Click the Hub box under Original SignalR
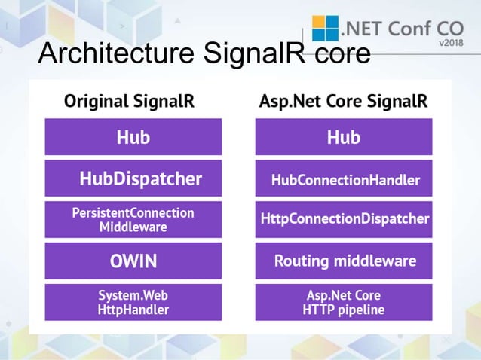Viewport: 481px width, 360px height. coord(133,137)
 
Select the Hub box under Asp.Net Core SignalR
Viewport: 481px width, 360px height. coord(344,137)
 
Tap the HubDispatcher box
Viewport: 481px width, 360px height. coord(133,178)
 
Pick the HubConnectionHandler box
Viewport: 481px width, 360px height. coord(344,179)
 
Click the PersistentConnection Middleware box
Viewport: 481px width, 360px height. coord(133,219)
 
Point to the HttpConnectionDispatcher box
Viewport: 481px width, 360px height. coord(344,219)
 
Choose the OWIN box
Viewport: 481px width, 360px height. coord(133,261)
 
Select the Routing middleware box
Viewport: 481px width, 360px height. coord(344,261)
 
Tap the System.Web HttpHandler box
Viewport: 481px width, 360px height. coord(133,302)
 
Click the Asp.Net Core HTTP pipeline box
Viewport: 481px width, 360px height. coord(344,302)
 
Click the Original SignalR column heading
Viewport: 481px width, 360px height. coord(129,101)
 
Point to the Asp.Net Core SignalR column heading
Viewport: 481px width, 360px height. coord(343,101)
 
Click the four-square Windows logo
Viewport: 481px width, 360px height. coord(325,28)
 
